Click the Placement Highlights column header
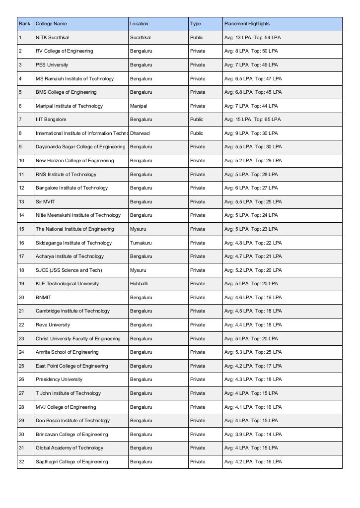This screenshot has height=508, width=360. click(x=247, y=24)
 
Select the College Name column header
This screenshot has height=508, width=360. click(x=51, y=24)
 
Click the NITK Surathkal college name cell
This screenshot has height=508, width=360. click(x=52, y=38)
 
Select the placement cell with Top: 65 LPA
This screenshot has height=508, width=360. click(x=252, y=120)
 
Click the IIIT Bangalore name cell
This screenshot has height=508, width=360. click(x=51, y=120)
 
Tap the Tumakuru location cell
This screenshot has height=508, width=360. click(x=141, y=243)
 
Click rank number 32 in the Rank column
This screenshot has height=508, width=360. click(x=21, y=462)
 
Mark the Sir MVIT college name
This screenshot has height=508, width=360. click(x=45, y=202)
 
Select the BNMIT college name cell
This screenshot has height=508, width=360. click(x=43, y=298)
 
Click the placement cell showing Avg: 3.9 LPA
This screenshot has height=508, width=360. click(x=253, y=435)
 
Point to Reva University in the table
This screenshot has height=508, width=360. click(x=53, y=325)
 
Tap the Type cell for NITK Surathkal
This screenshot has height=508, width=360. click(x=196, y=38)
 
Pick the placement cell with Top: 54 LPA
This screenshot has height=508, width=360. click(x=252, y=38)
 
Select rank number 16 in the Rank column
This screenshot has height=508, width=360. click(x=21, y=243)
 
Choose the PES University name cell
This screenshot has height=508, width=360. click(x=52, y=65)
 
